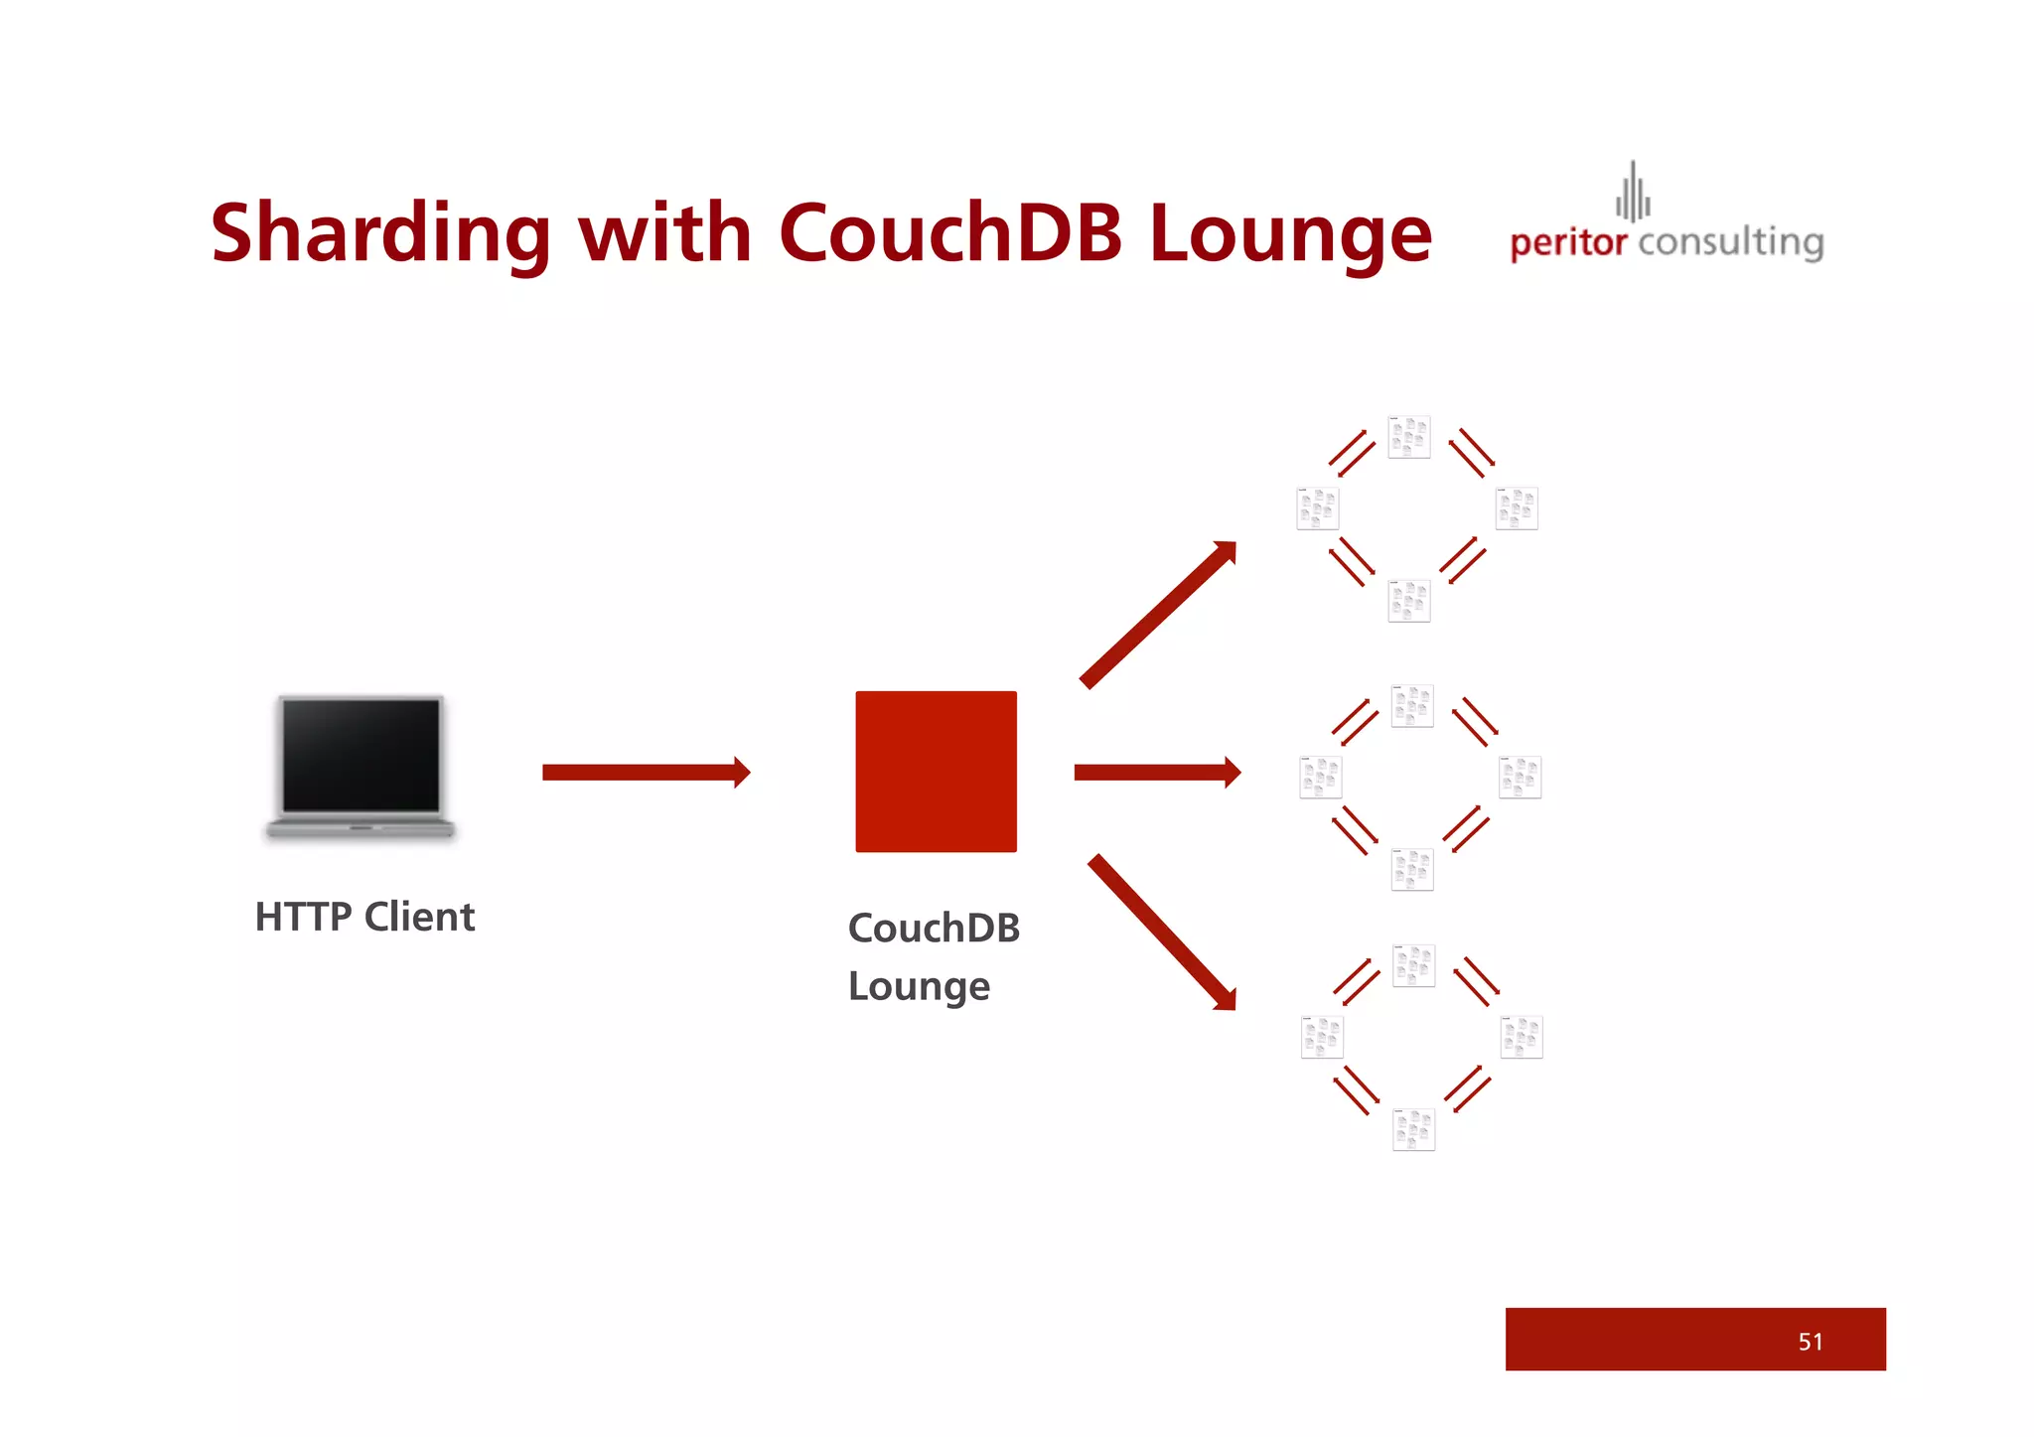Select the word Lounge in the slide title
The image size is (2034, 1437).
(x=1290, y=236)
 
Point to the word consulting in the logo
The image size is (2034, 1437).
(x=1730, y=242)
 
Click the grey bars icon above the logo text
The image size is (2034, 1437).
(x=1633, y=193)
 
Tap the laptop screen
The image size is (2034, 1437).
(x=361, y=755)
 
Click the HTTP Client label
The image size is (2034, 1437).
(x=364, y=917)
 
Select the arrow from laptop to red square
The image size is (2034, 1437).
(x=646, y=772)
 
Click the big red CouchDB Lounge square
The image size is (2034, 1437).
(x=936, y=772)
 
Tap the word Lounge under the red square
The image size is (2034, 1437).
(x=919, y=986)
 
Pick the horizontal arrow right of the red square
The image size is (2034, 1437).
(x=1157, y=772)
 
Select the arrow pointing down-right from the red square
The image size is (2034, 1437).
(x=1163, y=933)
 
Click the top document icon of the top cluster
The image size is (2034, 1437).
(x=1409, y=437)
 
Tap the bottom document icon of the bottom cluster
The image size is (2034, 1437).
(x=1413, y=1129)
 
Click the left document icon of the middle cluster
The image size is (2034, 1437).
(x=1320, y=777)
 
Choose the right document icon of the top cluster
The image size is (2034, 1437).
(x=1517, y=508)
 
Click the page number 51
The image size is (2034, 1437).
(x=1810, y=1342)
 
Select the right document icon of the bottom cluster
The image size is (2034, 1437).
(x=1521, y=1037)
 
